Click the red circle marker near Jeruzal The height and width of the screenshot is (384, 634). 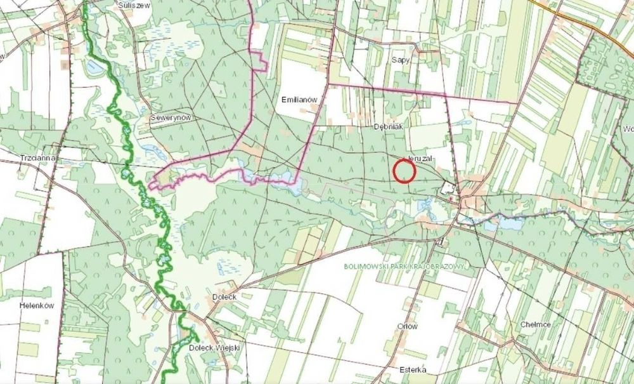click(404, 171)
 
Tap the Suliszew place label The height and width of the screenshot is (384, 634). click(133, 4)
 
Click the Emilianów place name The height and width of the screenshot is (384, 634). click(299, 100)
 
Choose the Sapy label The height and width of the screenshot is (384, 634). click(400, 58)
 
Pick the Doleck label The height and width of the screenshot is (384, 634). click(224, 296)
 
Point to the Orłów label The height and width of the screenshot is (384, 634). click(407, 326)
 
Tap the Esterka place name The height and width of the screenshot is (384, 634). click(413, 370)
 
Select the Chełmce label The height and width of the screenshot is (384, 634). click(535, 324)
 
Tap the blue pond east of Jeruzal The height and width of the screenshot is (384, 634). click(507, 223)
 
